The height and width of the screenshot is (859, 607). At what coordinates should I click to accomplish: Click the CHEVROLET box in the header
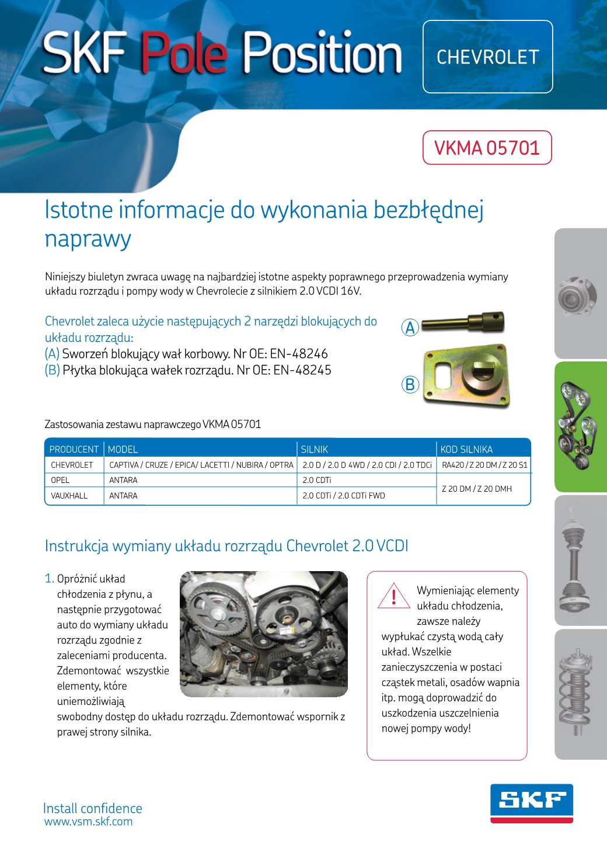pos(487,57)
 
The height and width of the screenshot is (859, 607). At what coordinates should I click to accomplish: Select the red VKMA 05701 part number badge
pos(487,148)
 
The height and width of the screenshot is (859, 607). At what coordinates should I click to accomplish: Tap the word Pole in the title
pos(183,53)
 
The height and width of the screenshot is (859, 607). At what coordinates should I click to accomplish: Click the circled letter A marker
pos(410,328)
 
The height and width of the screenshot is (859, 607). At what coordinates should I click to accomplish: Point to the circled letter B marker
pos(410,384)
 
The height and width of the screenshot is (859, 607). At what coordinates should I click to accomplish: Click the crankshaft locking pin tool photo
pos(463,322)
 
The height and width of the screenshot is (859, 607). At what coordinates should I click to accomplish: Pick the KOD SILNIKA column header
pos(466,449)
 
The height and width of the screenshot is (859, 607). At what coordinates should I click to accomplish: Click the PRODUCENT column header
pos(74,449)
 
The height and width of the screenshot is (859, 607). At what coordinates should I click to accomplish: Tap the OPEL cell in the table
pos(60,480)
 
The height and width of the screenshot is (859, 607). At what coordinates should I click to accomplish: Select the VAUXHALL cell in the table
pos(69,496)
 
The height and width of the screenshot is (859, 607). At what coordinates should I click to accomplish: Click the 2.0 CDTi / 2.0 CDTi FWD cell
pos(344,496)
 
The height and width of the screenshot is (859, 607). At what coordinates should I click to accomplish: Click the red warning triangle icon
pos(394,596)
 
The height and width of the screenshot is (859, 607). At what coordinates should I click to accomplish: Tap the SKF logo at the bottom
pos(531,804)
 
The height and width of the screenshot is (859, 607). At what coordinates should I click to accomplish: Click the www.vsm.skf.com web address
pos(89,822)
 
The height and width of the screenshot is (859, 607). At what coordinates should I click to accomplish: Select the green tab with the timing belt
pos(580,426)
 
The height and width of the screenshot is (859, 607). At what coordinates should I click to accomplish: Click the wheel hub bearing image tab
pos(580,295)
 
